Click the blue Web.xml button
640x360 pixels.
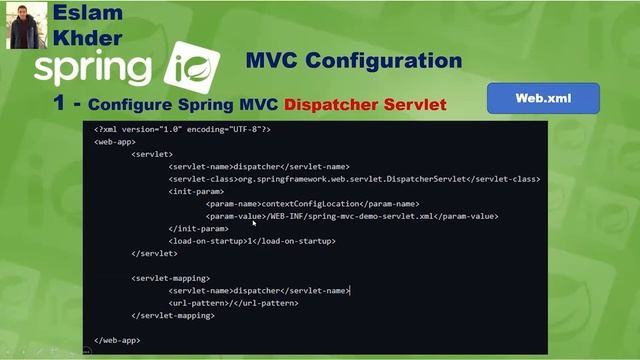543,99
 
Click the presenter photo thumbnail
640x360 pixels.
24,25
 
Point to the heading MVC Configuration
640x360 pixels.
353,60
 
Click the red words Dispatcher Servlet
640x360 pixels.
365,104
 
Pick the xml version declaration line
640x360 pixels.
182,129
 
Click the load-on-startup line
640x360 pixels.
252,241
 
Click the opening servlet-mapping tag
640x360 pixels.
170,278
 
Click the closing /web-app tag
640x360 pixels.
117,340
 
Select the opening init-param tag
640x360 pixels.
190,191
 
